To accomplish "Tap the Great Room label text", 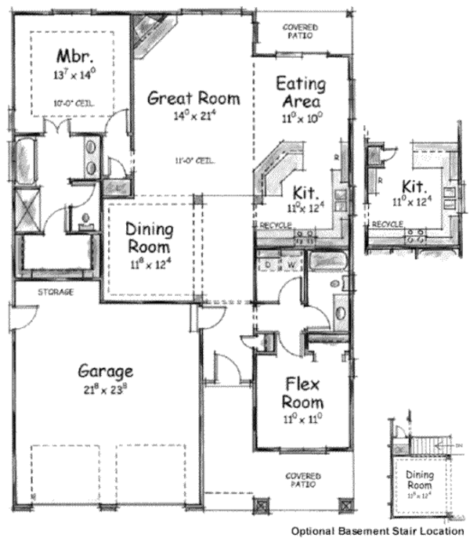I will [x=193, y=99].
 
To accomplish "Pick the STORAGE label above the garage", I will [x=56, y=292].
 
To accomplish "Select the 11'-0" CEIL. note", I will [x=195, y=162].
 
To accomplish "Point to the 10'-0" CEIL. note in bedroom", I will [x=71, y=103].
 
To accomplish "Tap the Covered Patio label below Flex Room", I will [x=302, y=479].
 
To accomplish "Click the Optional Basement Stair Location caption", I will [x=378, y=531].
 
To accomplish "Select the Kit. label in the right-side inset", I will [x=413, y=188].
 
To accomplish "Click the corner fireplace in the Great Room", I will [x=148, y=35].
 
